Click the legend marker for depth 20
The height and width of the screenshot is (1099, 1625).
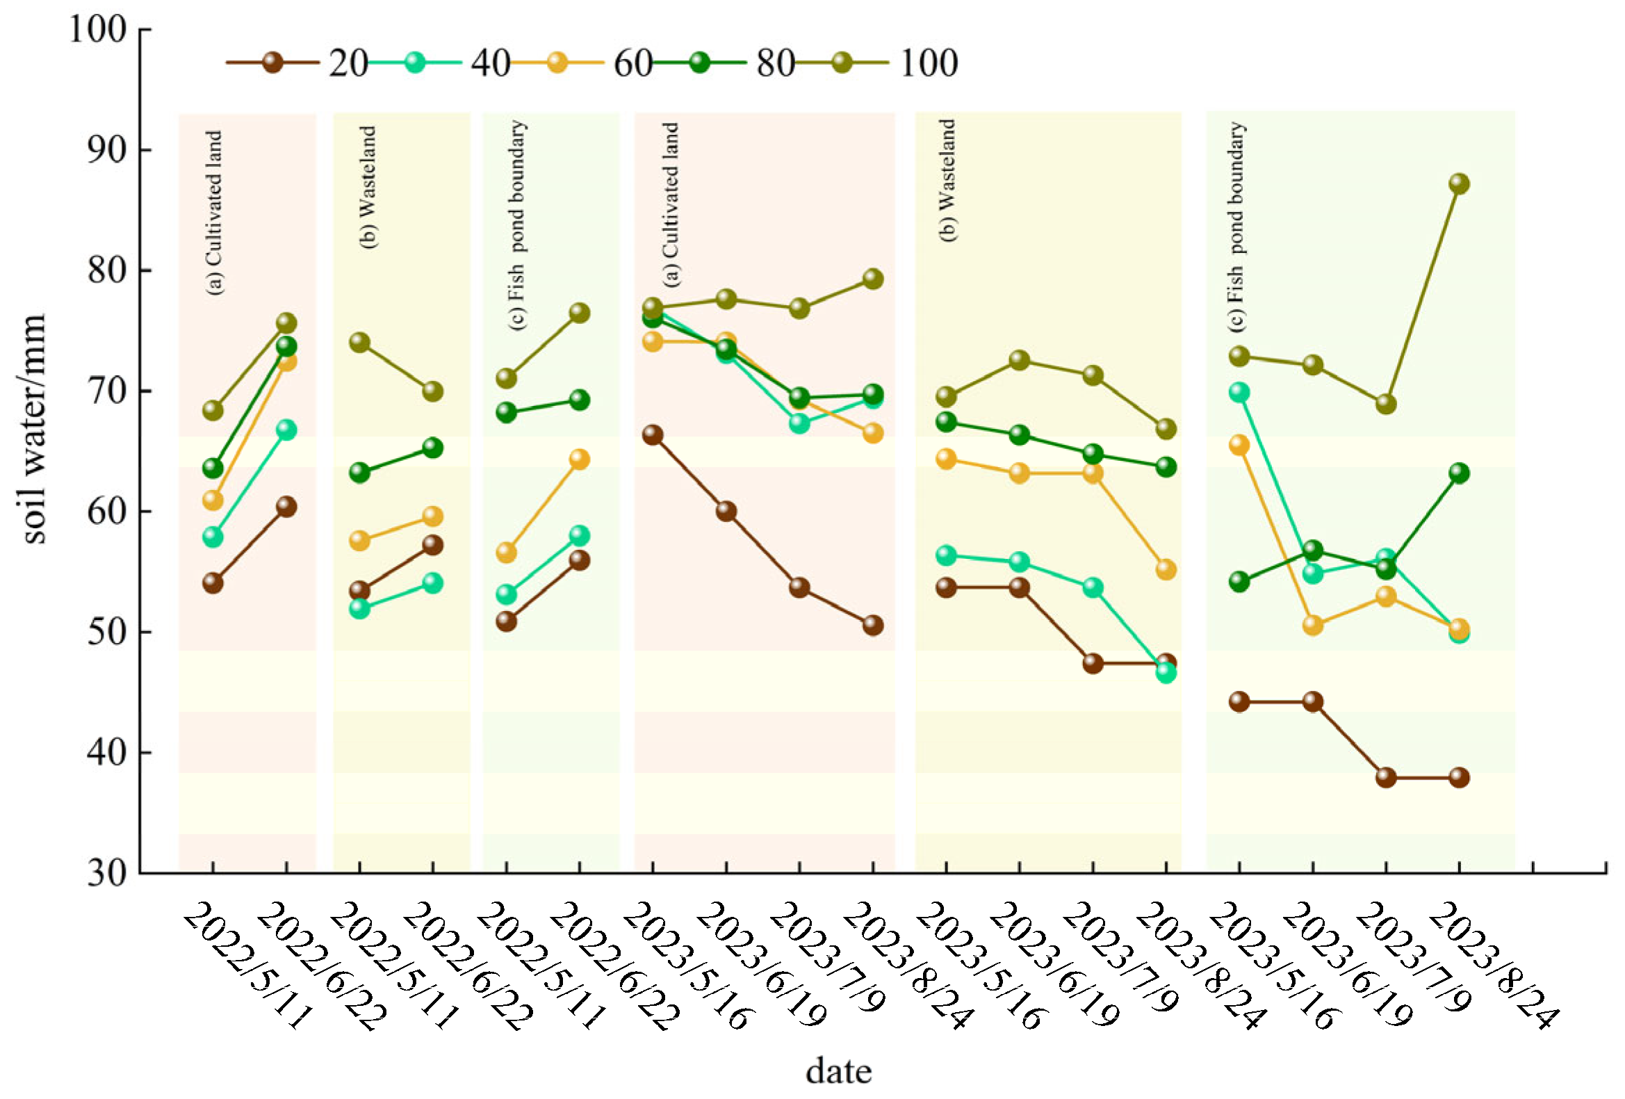(272, 63)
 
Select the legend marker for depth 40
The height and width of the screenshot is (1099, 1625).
(415, 63)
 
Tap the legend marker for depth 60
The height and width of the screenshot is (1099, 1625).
(557, 63)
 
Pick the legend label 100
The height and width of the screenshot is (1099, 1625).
(929, 63)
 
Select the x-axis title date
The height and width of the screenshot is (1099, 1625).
(838, 1070)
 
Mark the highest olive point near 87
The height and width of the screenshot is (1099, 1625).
(1459, 184)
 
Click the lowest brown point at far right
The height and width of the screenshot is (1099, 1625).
(1459, 777)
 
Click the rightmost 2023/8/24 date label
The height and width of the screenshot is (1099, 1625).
(1492, 965)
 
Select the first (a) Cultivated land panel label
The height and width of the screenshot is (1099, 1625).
(215, 213)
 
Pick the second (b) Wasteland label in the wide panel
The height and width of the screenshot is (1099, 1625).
(947, 180)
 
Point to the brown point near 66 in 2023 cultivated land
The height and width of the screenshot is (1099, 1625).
(653, 435)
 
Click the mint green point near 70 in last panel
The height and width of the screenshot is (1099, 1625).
(1239, 392)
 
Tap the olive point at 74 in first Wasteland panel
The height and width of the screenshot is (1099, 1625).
(359, 343)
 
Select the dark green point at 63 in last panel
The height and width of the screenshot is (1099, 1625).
(1459, 473)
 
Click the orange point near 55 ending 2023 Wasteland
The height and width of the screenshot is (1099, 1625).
(1166, 570)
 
